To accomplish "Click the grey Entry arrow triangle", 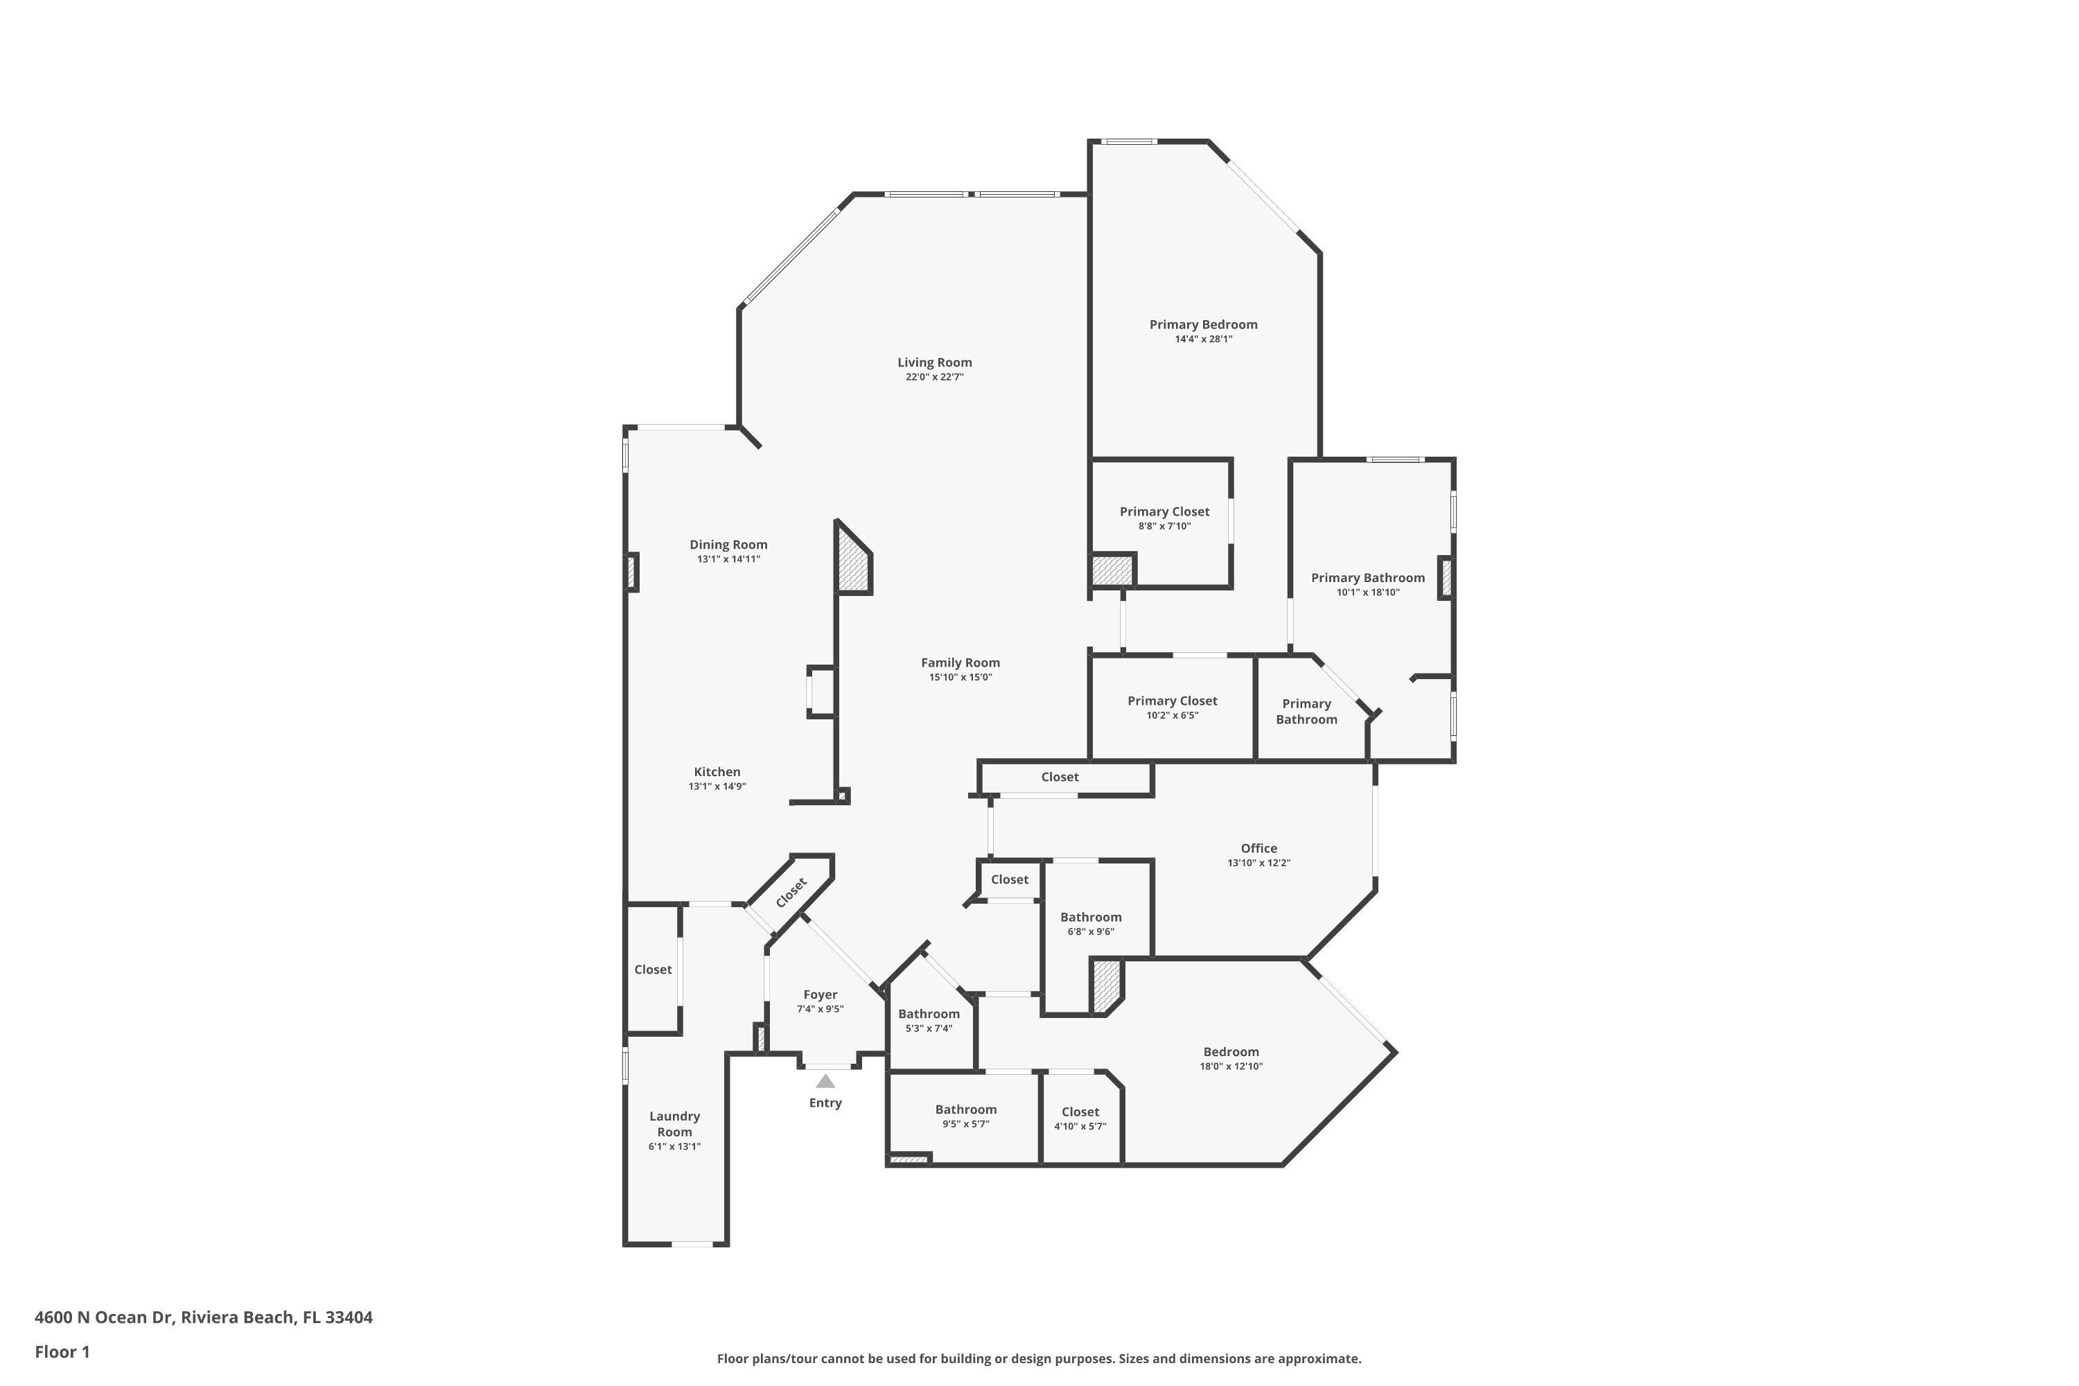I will coord(825,1081).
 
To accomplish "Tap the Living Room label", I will coord(934,362).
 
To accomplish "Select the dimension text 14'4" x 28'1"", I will coord(1203,340).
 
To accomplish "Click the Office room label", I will coord(1258,848).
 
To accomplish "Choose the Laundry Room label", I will coord(674,1123).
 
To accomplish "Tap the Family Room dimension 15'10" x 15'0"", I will coord(960,678).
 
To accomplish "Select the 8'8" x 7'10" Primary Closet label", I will coord(1164,512).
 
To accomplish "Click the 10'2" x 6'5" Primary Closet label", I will coord(1172,701).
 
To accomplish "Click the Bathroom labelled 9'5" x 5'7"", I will coord(965,1109).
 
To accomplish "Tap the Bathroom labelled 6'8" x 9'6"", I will coord(1091,918).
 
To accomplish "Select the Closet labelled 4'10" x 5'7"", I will coord(1080,1112).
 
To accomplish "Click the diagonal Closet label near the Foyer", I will coord(791,893).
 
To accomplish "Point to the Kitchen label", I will coord(717,772).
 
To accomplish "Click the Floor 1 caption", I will coord(62,1351).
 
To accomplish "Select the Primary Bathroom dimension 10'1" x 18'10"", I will coord(1367,593).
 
